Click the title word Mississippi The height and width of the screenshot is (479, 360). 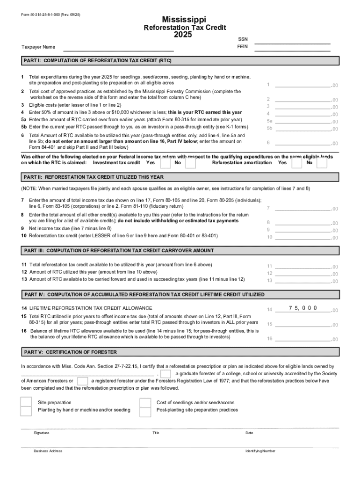pyautogui.click(x=183, y=19)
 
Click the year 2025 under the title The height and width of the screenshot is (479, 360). pyautogui.click(x=183, y=35)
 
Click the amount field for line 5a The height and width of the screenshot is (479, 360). pyautogui.click(x=302, y=121)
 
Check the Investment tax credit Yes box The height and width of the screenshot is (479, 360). pyautogui.click(x=165, y=163)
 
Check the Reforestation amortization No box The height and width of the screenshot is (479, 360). pyautogui.click(x=322, y=163)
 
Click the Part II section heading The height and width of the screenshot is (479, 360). pyautogui.click(x=94, y=177)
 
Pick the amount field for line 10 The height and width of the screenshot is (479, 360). pyautogui.click(x=302, y=237)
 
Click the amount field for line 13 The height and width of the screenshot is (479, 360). pyautogui.click(x=302, y=280)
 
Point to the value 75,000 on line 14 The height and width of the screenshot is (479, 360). pyautogui.click(x=303, y=308)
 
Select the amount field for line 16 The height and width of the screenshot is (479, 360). pyautogui.click(x=302, y=339)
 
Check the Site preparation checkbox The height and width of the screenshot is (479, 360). pyautogui.click(x=26, y=402)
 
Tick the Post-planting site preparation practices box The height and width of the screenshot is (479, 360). pyautogui.click(x=146, y=411)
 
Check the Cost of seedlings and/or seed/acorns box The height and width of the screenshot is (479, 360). pyautogui.click(x=146, y=402)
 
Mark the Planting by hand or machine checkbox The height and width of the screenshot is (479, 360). pyautogui.click(x=26, y=411)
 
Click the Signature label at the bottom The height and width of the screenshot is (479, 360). pyautogui.click(x=41, y=433)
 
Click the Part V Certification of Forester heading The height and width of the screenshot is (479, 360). pyautogui.click(x=71, y=352)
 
